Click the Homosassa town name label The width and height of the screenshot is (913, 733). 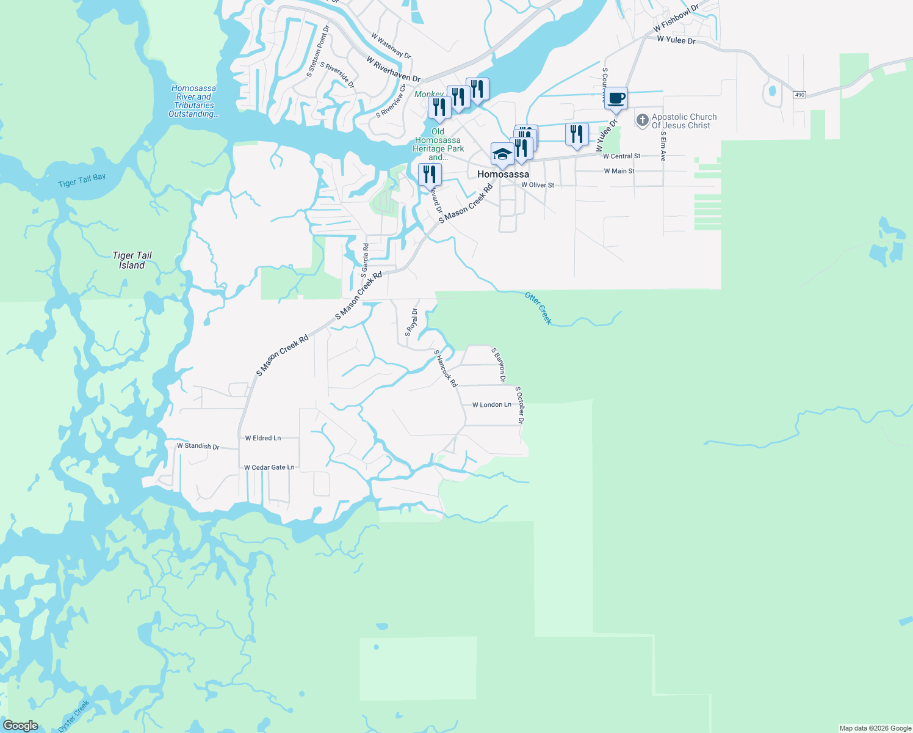click(503, 175)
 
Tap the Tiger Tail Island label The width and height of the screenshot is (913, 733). click(132, 260)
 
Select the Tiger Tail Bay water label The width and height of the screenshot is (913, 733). click(82, 180)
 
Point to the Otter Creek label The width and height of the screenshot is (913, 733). click(538, 308)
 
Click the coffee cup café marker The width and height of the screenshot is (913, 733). click(616, 98)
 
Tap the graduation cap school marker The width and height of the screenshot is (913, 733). click(502, 154)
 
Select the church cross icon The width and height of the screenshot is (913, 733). click(642, 120)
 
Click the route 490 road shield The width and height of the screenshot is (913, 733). click(799, 95)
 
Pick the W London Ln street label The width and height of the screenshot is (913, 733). click(491, 405)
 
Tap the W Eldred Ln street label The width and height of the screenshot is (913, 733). click(263, 438)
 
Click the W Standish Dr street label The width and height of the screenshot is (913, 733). click(198, 446)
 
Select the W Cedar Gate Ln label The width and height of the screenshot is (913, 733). click(269, 467)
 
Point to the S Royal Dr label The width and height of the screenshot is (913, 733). click(411, 322)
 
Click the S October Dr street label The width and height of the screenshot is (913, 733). click(520, 404)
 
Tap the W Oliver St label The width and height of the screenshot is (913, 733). click(538, 185)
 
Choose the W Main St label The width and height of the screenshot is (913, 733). click(619, 171)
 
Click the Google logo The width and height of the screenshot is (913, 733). click(20, 726)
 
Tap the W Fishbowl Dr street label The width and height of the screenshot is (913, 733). click(675, 19)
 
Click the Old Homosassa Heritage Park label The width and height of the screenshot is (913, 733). click(438, 144)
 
